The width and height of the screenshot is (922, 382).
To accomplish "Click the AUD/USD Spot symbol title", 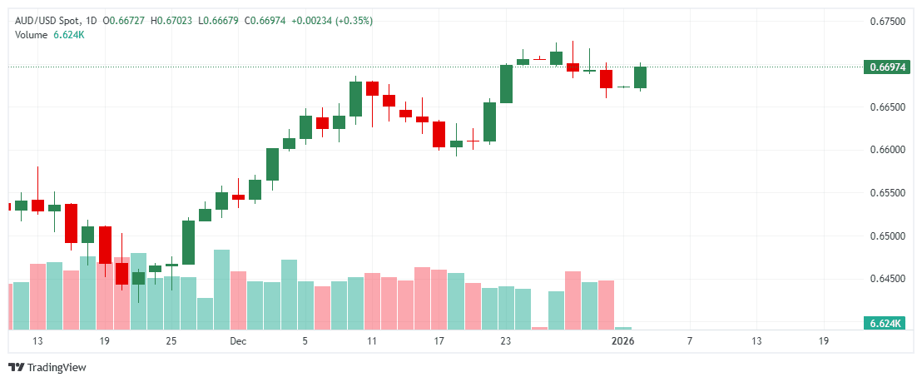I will click(x=47, y=20).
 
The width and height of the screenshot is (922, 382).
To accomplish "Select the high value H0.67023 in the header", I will click(x=175, y=20).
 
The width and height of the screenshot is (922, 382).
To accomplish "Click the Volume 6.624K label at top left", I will click(x=49, y=34).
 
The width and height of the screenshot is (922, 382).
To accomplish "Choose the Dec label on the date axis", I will click(x=238, y=341).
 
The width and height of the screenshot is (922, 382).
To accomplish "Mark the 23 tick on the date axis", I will click(x=505, y=341).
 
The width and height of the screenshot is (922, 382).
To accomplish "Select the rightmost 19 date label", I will click(x=823, y=341).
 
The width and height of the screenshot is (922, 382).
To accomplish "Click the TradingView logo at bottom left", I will click(x=47, y=367).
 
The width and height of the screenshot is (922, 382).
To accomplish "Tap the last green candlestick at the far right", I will click(x=640, y=77).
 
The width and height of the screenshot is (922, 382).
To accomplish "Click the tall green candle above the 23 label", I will click(x=506, y=83).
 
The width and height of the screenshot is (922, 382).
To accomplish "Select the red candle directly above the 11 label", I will click(x=372, y=88).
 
